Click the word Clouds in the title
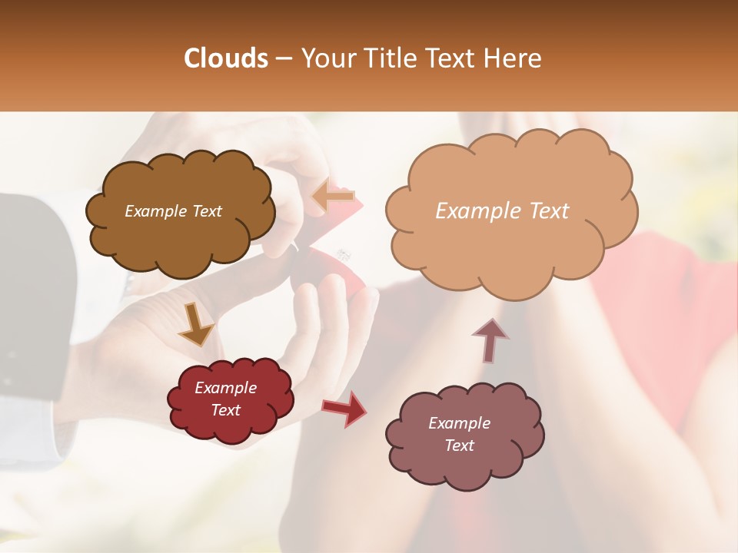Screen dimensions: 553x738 (x=226, y=58)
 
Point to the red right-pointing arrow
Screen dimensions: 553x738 (x=345, y=408)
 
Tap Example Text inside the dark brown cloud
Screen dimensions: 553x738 (x=173, y=211)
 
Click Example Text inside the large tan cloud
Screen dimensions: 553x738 (x=502, y=211)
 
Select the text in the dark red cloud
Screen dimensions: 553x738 (x=225, y=399)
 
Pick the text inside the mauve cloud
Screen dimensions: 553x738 (x=459, y=434)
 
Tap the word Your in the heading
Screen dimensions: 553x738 (x=325, y=58)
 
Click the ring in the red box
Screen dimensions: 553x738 (x=344, y=254)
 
